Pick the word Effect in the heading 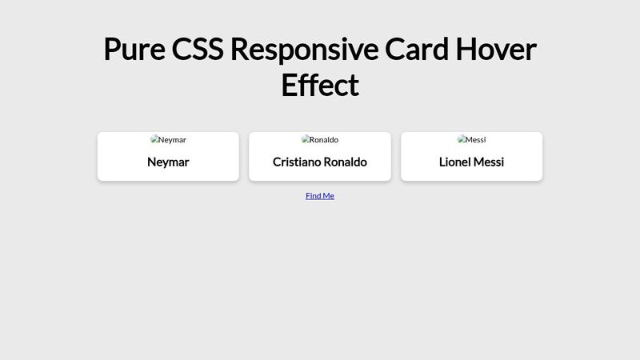[320, 85]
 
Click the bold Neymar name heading [168, 162]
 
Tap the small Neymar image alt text [172, 140]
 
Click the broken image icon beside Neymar [154, 139]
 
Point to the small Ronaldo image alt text [324, 140]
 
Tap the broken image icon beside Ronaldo [305, 139]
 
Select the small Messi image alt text [476, 140]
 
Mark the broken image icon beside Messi [461, 139]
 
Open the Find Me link [320, 195]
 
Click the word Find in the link [314, 195]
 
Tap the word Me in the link [329, 195]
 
